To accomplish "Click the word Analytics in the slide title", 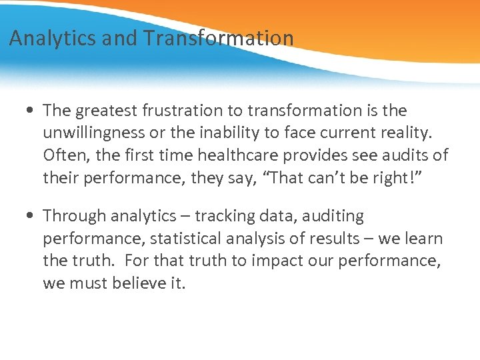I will click(x=53, y=38).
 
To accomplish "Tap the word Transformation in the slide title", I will click(x=217, y=38).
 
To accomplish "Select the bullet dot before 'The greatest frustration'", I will click(x=32, y=110).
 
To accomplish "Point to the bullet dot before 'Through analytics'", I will click(x=32, y=216).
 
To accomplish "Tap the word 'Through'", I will click(x=75, y=216).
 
